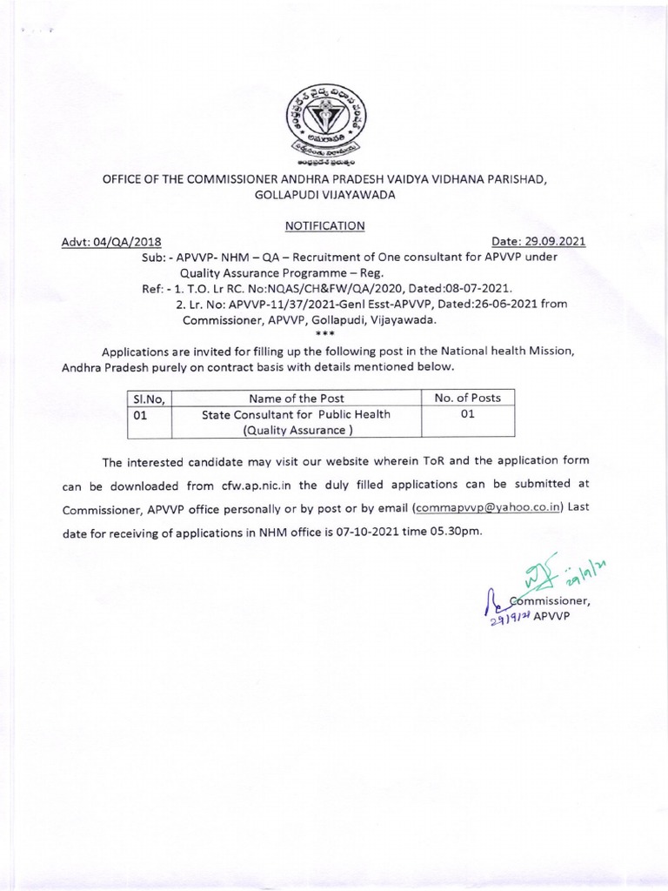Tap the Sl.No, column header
[150, 398]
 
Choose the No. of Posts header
[467, 398]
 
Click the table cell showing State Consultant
[296, 422]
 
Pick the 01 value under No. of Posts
[467, 414]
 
